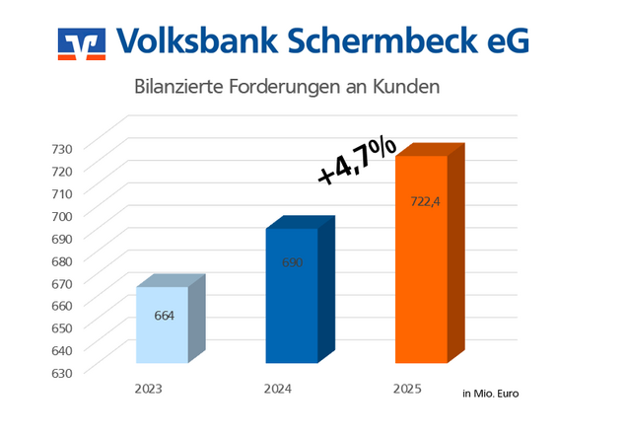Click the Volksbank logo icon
pyautogui.click(x=81, y=42)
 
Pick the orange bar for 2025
pyautogui.click(x=421, y=258)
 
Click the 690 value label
pyautogui.click(x=292, y=262)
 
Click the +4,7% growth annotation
pyautogui.click(x=357, y=161)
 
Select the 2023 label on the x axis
pyautogui.click(x=149, y=390)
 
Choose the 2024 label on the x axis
pyautogui.click(x=278, y=390)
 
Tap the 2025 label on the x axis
pyautogui.click(x=406, y=390)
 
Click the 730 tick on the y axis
pyautogui.click(x=63, y=149)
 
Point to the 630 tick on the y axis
pyautogui.click(x=63, y=373)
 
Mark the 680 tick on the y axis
pyautogui.click(x=63, y=261)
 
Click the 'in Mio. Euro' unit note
pyautogui.click(x=490, y=394)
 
